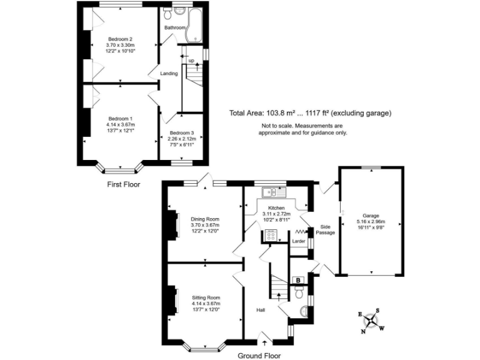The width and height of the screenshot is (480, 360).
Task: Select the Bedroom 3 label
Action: point(182,132)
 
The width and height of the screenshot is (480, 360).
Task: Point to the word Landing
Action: point(169,74)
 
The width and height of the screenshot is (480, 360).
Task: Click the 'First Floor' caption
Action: point(123,184)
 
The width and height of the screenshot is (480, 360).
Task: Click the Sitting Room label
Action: point(206,298)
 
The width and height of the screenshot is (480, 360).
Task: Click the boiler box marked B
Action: point(298,280)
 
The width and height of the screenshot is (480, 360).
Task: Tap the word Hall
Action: point(261,309)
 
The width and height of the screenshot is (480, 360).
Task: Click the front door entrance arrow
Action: point(263,342)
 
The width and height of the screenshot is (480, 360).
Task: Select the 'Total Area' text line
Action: point(310,113)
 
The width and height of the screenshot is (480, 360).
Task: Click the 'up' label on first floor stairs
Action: point(191,61)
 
